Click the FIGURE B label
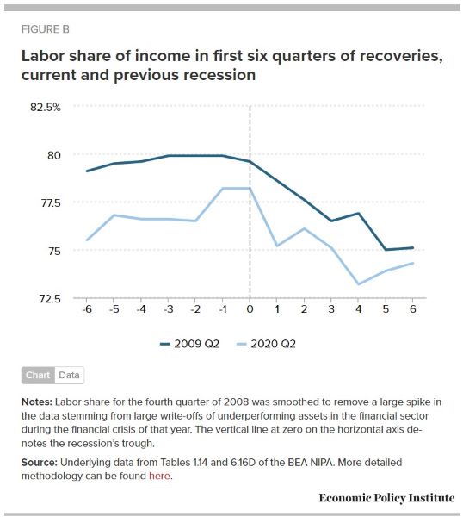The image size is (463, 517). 46,29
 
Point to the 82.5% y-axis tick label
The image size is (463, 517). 46,107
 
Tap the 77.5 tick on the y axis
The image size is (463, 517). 51,202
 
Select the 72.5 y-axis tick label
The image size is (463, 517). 50,299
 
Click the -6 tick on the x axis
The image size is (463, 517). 87,309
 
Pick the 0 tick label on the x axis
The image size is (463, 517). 250,309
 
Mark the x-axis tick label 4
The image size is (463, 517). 359,309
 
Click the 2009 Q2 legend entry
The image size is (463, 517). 189,344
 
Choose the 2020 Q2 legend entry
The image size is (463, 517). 266,344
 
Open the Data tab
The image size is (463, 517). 69,375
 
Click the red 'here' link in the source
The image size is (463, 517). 159,477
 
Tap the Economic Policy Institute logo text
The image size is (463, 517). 386,497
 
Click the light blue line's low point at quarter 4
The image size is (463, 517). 358,284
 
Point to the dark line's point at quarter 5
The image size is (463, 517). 386,250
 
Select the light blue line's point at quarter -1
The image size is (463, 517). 223,188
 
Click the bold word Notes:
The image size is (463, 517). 37,402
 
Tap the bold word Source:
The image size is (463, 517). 40,462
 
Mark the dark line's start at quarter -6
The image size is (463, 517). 87,171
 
